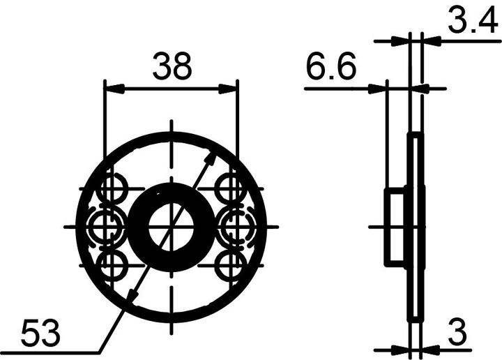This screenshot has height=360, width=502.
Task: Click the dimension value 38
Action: [x=172, y=68]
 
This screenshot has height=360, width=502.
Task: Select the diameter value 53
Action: [x=40, y=333]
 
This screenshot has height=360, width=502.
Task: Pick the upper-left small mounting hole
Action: [x=111, y=188]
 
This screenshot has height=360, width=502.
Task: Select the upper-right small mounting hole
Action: [x=229, y=188]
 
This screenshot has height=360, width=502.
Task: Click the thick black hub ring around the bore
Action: [x=139, y=227]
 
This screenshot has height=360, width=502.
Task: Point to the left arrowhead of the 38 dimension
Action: [x=112, y=89]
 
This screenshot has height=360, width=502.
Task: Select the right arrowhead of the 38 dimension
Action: [x=229, y=89]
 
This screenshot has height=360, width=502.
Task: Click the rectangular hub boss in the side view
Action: [x=395, y=227]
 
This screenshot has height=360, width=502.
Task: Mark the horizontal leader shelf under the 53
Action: [x=49, y=352]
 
